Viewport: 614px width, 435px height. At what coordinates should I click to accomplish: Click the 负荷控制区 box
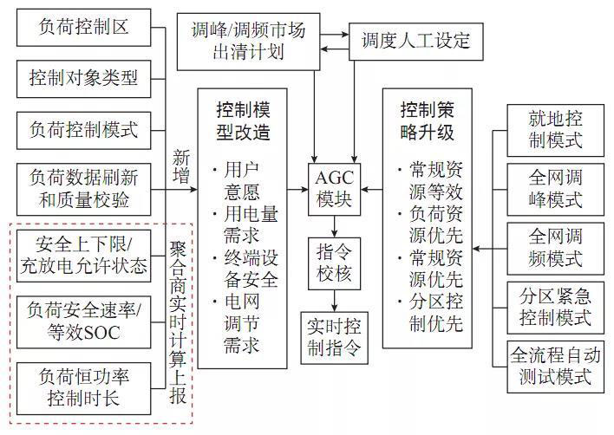click(x=84, y=27)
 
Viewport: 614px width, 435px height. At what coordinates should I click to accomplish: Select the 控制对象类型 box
click(x=84, y=78)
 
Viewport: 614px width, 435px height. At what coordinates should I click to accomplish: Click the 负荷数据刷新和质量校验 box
click(x=84, y=190)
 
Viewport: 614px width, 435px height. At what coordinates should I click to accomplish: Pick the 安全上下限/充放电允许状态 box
click(x=84, y=253)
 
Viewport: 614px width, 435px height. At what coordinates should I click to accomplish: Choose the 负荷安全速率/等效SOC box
click(x=84, y=321)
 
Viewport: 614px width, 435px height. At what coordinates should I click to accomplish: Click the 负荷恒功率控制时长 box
click(x=84, y=387)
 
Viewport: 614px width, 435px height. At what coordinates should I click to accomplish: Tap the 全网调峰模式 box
click(x=555, y=190)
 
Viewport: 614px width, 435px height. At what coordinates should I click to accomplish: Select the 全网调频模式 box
click(x=555, y=250)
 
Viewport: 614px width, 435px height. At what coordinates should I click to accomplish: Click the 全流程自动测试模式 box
click(x=555, y=367)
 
